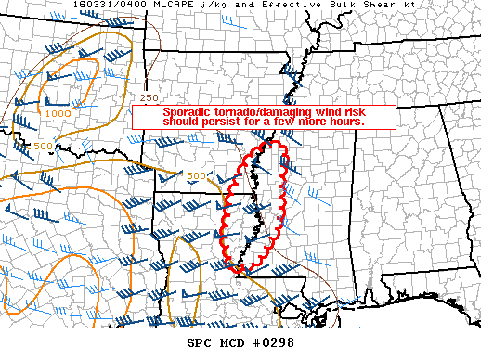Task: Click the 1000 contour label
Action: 58,113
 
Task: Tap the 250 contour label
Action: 150,97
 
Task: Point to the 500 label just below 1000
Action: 43,146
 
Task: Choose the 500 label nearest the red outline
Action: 197,175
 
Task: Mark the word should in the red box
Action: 190,122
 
